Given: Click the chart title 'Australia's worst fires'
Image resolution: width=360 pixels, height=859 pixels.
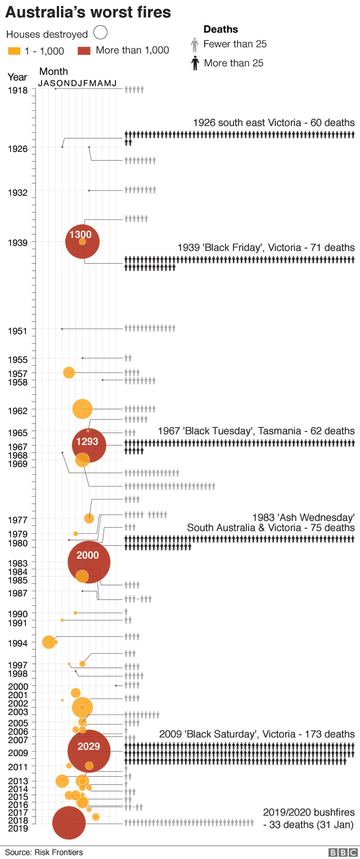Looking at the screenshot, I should [x=88, y=12].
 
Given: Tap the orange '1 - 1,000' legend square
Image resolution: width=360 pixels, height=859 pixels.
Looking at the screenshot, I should [x=15, y=51].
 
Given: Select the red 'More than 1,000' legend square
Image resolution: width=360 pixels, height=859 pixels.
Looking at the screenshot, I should [x=83, y=50].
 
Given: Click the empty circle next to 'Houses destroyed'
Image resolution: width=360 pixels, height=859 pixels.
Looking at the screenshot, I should [x=101, y=34].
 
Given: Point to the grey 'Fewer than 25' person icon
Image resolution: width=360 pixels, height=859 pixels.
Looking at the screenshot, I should [x=195, y=44].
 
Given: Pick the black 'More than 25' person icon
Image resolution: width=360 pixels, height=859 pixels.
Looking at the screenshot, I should [x=195, y=63].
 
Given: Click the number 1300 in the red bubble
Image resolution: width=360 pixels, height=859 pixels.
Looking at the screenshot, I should [x=80, y=235].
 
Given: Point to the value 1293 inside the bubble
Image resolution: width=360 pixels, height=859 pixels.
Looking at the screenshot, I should [x=87, y=442].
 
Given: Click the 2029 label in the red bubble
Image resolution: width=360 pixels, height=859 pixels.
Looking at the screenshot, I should [x=88, y=746].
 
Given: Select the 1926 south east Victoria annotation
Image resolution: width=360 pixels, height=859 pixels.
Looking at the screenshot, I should [x=273, y=123].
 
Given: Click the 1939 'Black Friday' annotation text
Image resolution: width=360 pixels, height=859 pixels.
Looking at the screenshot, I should [x=266, y=248].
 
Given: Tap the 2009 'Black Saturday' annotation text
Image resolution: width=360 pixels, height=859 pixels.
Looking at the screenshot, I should [x=256, y=734].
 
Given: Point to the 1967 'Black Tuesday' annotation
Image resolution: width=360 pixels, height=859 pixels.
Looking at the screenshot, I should [x=256, y=431].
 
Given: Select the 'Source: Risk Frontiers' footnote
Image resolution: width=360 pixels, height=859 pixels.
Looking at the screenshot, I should [x=44, y=852].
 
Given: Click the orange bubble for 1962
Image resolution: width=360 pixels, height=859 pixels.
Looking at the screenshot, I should [x=83, y=408].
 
